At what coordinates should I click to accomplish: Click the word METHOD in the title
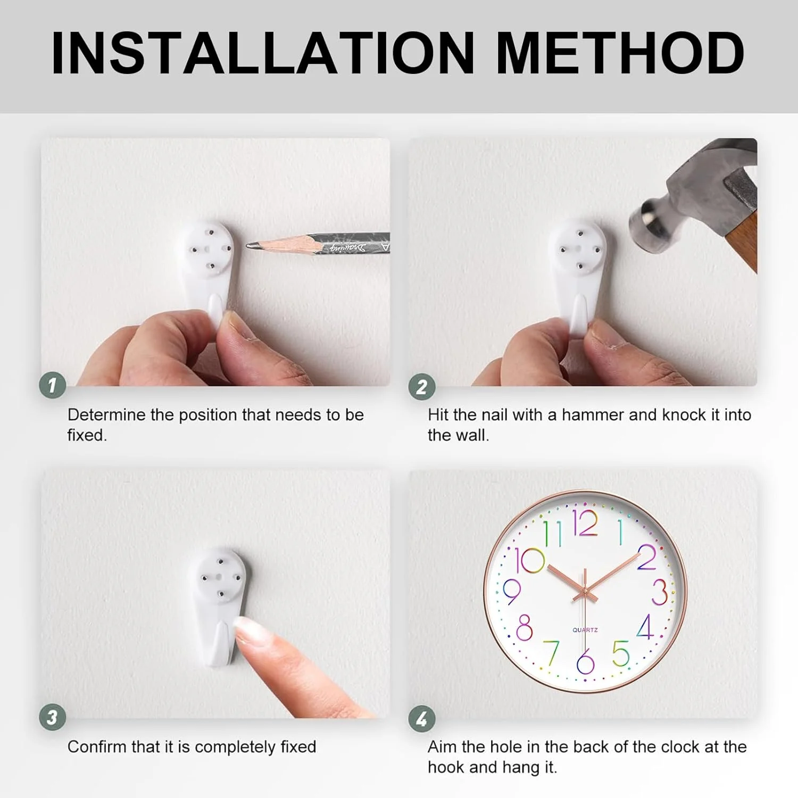[x=620, y=53]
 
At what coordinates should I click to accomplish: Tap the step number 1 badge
[x=53, y=385]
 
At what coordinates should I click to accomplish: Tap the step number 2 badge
[x=422, y=387]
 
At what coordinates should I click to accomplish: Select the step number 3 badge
[x=53, y=717]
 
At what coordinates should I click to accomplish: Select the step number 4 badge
[x=422, y=719]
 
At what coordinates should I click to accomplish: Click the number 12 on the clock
[x=585, y=523]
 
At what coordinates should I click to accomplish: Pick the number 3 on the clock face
[x=659, y=592]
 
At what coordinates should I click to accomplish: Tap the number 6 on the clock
[x=585, y=661]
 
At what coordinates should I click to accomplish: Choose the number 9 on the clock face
[x=511, y=592]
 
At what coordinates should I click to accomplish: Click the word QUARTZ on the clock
[x=585, y=630]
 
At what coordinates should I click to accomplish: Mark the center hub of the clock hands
[x=585, y=591]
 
